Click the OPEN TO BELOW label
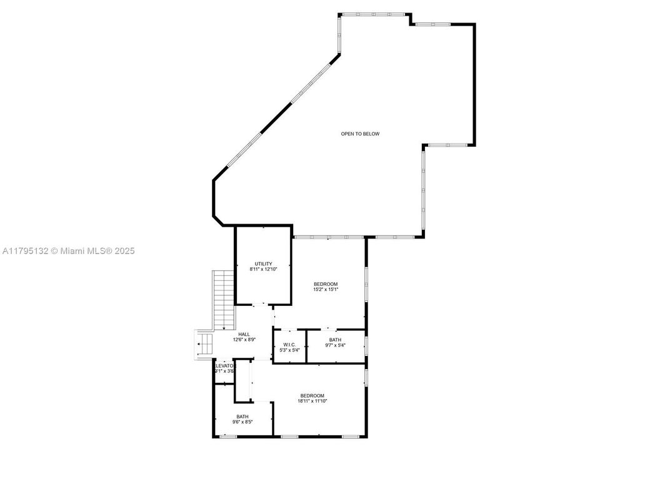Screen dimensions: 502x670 [360, 134]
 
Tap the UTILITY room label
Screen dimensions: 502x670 [263, 263]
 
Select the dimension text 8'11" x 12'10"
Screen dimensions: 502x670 [263, 269]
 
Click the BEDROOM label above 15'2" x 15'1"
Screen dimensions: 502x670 [326, 284]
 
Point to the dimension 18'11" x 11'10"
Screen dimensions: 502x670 [312, 401]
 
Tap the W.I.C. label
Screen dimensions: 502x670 [289, 345]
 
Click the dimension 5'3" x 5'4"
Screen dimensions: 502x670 [289, 350]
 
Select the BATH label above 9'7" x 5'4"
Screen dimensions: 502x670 [336, 340]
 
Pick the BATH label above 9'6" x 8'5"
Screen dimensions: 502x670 [242, 416]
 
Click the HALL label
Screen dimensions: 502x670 [244, 334]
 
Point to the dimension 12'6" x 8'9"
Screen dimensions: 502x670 [244, 340]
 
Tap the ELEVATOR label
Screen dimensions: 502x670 [224, 365]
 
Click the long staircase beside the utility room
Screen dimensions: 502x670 [223, 300]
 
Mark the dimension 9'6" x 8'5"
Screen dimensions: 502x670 [242, 422]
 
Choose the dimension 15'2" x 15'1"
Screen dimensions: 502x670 [326, 290]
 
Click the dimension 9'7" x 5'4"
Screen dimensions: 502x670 [336, 345]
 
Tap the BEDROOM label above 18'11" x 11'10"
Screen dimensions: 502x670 [312, 395]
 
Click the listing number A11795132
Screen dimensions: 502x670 [24, 251]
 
